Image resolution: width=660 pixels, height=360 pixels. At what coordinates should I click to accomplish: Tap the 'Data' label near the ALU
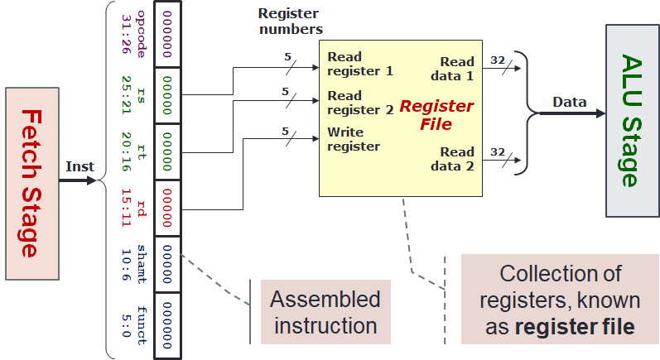569,102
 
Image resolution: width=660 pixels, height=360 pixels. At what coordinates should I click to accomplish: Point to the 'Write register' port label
354,139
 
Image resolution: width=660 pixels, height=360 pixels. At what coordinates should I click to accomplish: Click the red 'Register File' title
436,115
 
